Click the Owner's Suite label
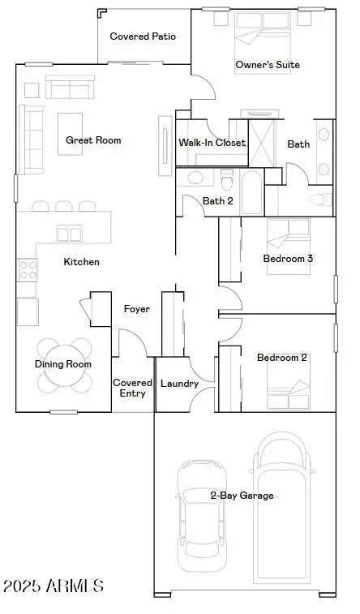268,64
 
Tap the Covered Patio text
143,36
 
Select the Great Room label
93,140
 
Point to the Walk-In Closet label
212,143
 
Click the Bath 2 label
218,201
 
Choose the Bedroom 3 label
288,259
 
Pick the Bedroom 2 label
281,357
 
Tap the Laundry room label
179,384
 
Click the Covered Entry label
132,388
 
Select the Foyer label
135,309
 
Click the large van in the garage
284,503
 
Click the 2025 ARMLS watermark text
54,586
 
